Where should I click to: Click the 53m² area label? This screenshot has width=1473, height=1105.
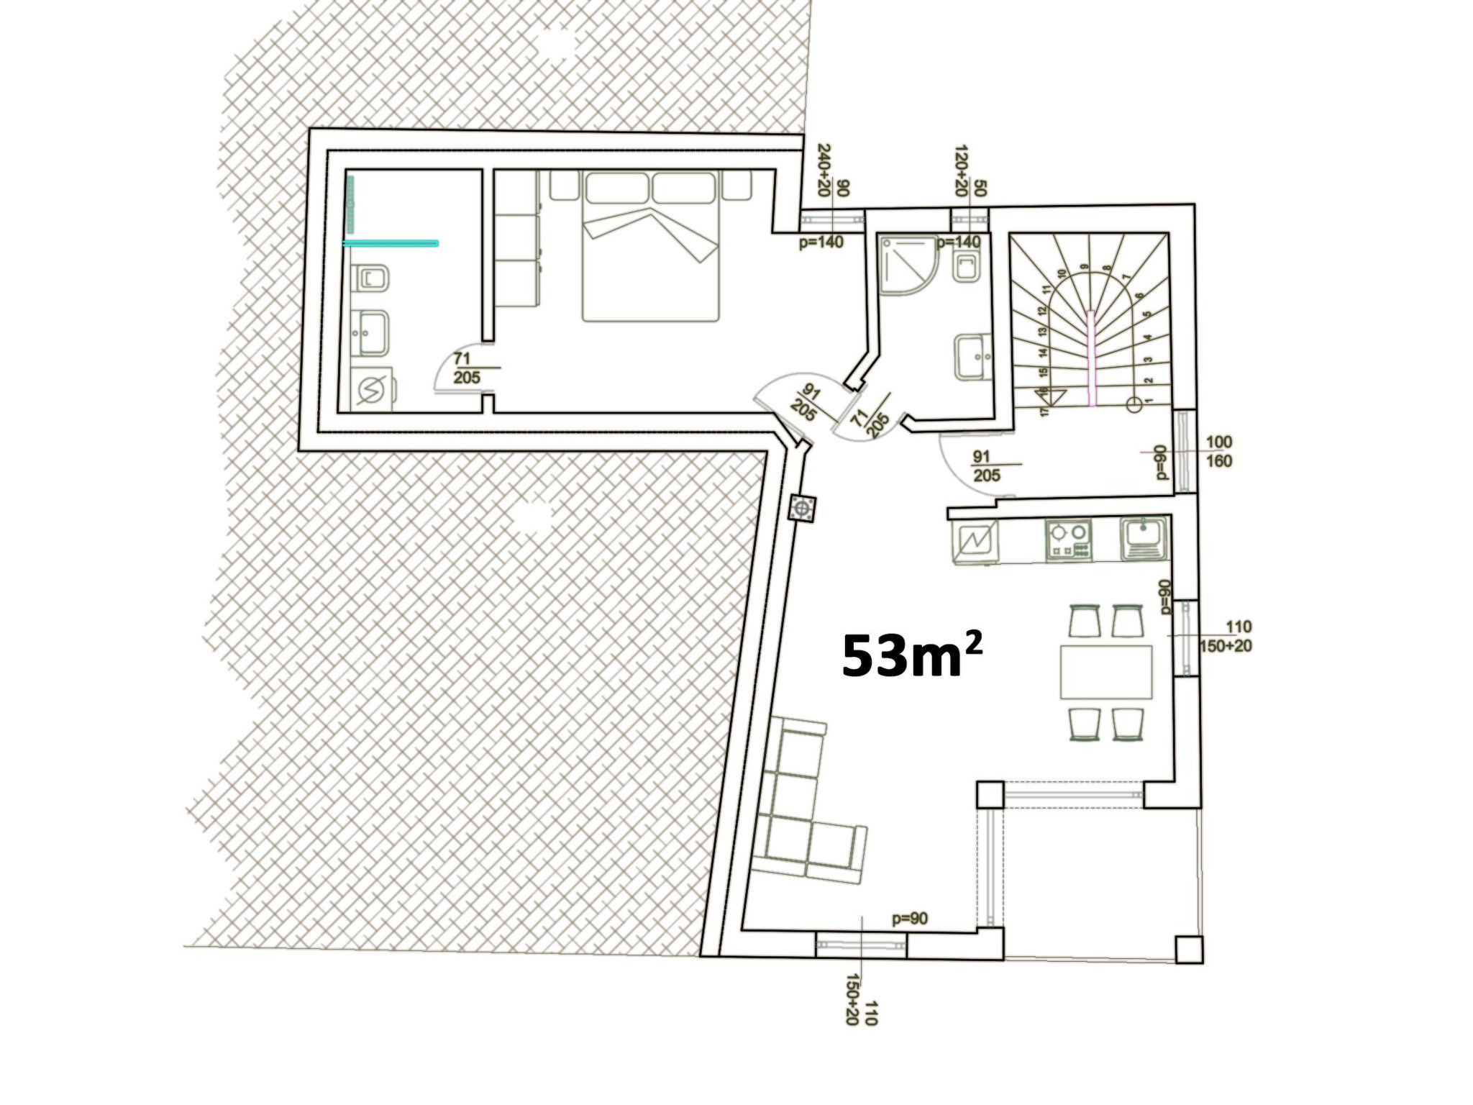point(911,655)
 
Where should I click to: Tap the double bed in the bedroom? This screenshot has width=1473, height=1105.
point(651,248)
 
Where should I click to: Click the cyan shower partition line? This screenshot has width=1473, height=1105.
point(391,244)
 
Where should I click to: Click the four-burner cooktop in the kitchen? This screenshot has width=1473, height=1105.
point(1068,540)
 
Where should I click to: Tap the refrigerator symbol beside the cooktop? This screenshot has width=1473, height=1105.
point(975,541)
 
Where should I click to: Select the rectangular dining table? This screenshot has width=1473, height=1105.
point(1105,672)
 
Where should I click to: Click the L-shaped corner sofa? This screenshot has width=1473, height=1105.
point(798,813)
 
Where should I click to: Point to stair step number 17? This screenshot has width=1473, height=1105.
point(1045,411)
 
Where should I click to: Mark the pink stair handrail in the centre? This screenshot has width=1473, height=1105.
point(1093,356)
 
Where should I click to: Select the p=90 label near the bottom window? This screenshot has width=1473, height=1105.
point(909,919)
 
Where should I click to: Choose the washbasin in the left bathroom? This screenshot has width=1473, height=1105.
point(372,332)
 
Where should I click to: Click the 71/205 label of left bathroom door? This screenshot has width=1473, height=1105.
point(467,367)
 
